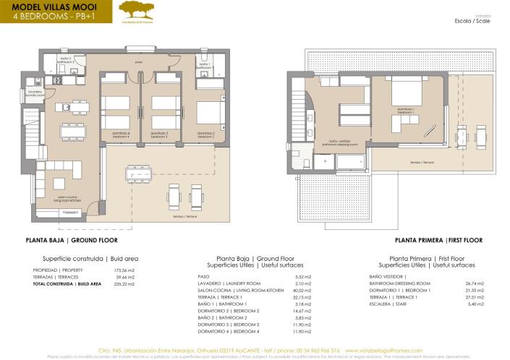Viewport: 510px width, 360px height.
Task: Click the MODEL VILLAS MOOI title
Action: [x=51, y=7]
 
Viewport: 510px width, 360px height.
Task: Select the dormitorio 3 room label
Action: [x=160, y=134]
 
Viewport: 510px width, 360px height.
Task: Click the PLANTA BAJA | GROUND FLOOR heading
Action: [x=71, y=239]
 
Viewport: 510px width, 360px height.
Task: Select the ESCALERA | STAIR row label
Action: [x=388, y=304]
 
